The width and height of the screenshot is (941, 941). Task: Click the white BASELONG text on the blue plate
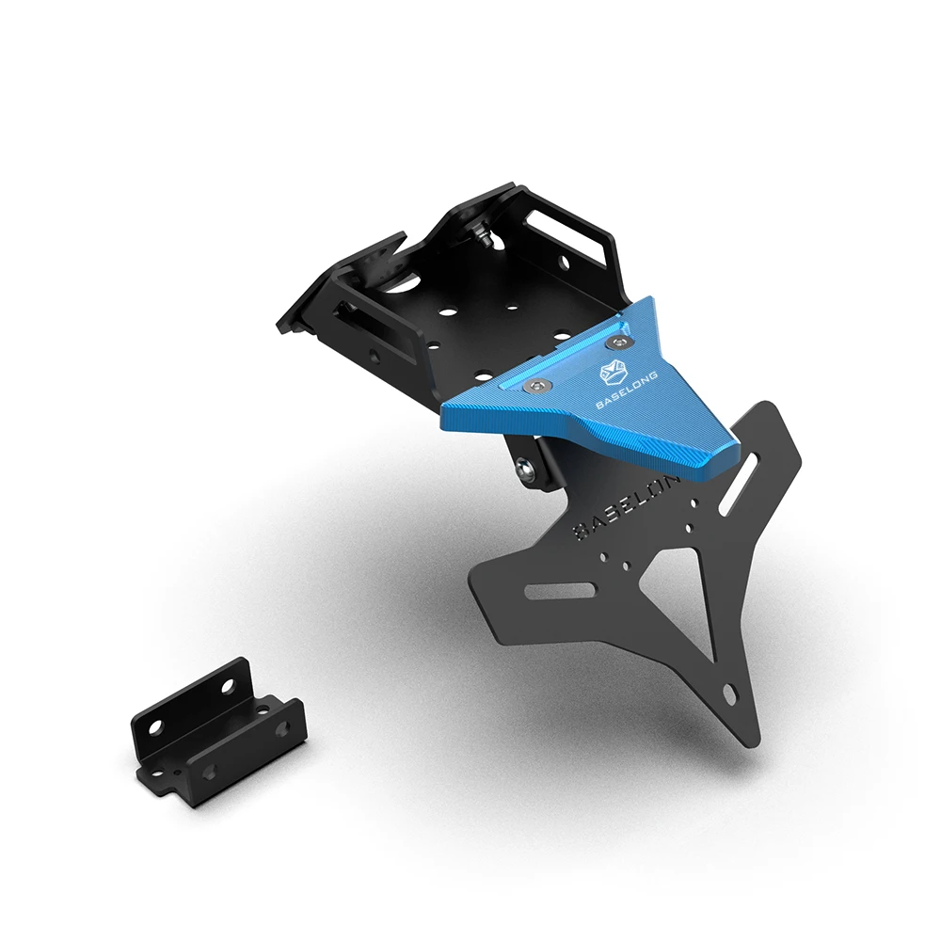[x=626, y=391]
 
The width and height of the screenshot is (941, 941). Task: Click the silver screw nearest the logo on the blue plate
[x=617, y=343]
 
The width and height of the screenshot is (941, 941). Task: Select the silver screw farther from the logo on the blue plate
[x=536, y=388]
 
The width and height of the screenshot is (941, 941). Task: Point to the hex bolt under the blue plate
[x=525, y=468]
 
